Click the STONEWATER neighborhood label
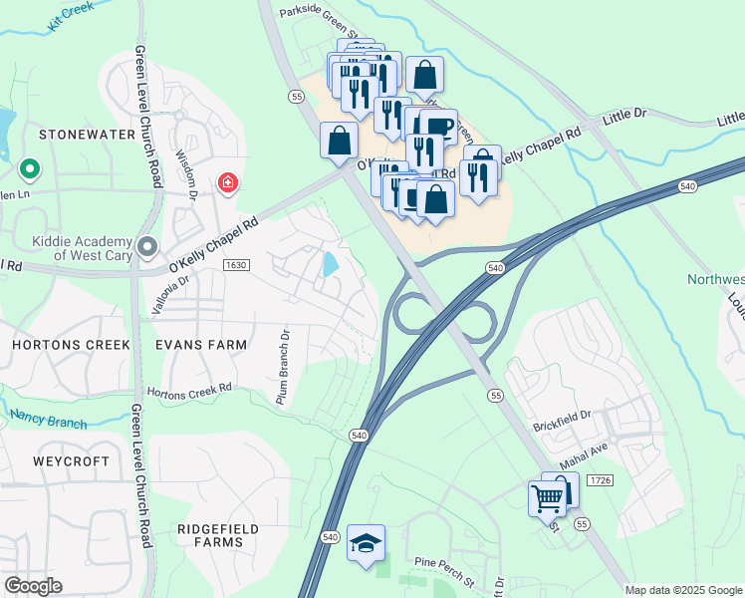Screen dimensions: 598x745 (x=72, y=133)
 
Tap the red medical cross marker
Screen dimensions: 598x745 (x=228, y=182)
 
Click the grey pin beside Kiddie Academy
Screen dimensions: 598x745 (x=148, y=245)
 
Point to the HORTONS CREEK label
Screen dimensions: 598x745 (x=71, y=344)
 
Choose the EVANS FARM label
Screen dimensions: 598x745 (x=199, y=344)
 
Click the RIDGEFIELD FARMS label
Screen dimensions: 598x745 (x=217, y=535)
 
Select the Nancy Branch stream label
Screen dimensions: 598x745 (x=49, y=420)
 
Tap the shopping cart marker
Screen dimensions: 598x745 (x=547, y=496)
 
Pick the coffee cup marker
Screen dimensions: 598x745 (x=438, y=127)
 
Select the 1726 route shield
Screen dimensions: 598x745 (x=599, y=480)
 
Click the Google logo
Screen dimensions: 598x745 (x=33, y=586)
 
